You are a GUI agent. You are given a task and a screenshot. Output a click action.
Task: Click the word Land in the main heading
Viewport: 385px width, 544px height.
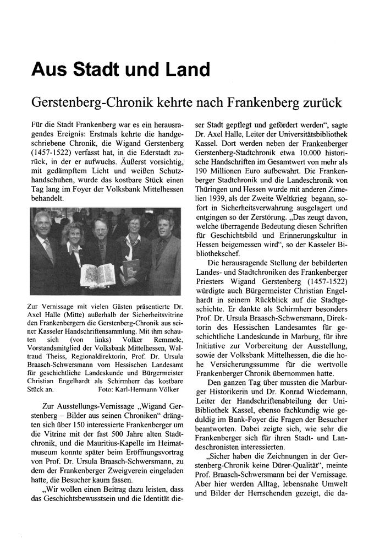click(x=182, y=70)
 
